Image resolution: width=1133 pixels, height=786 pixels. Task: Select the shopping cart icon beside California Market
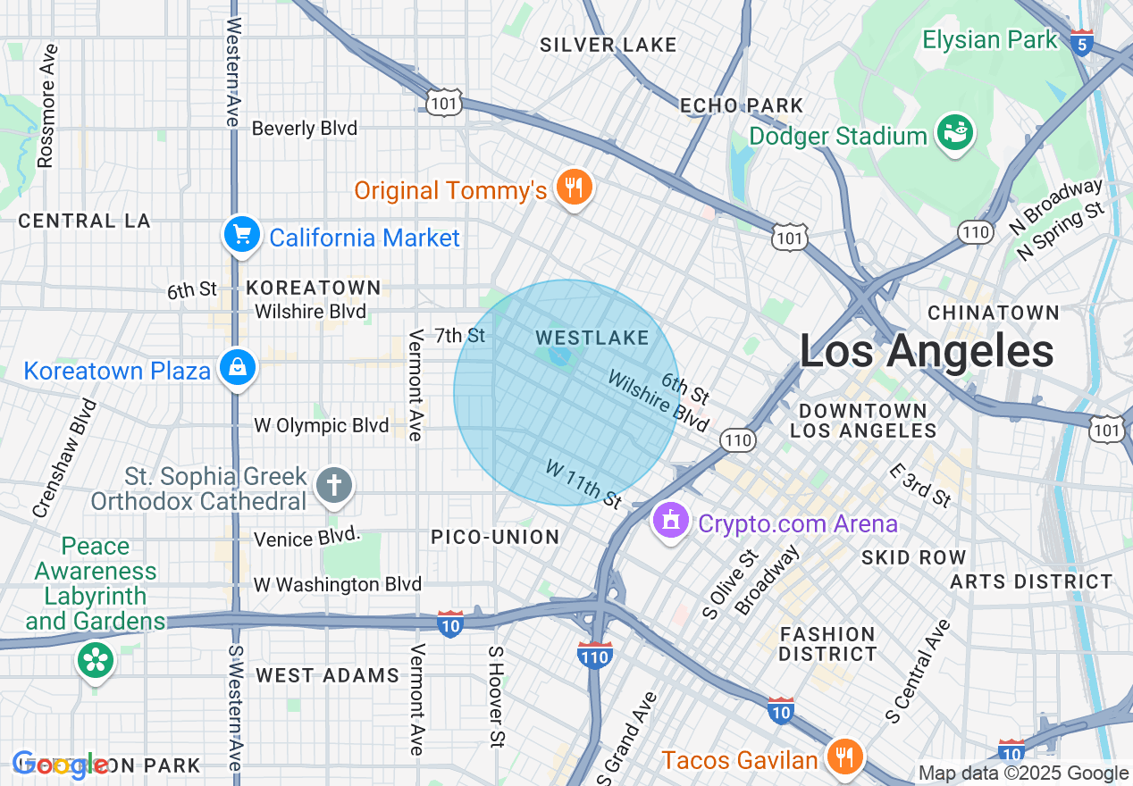tap(240, 236)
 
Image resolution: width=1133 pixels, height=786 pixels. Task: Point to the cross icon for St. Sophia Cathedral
tap(334, 487)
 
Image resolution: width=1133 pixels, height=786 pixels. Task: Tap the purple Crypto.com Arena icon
tap(670, 521)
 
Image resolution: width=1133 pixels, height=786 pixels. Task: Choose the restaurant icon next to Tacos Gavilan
tap(842, 757)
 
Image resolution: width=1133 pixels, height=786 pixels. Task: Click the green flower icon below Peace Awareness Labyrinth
tap(95, 661)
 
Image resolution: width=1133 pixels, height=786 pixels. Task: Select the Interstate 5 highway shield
tap(1082, 43)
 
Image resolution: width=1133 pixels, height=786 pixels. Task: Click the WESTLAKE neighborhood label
tap(592, 338)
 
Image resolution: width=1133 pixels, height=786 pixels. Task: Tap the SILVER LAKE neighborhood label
tap(608, 45)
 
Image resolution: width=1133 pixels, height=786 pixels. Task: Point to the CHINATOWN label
tap(994, 313)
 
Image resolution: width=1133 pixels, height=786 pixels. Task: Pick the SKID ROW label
tap(913, 557)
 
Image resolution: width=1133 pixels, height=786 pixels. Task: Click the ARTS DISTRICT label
tap(1031, 581)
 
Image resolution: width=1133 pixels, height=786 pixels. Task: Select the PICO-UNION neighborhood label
tap(495, 537)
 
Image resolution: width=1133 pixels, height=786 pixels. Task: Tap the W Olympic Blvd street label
tap(322, 425)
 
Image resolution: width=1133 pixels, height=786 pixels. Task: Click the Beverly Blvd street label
tap(305, 129)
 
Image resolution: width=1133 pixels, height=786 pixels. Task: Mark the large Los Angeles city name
tap(927, 351)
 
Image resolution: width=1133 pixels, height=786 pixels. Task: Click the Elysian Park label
tap(990, 40)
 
